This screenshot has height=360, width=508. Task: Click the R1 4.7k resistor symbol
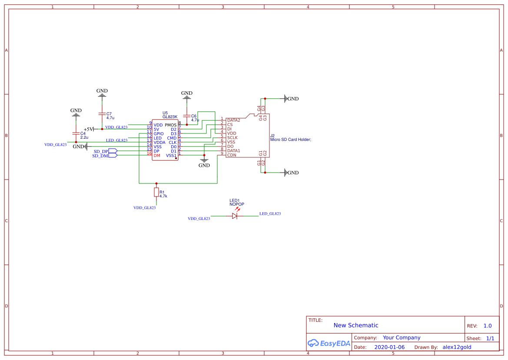156,193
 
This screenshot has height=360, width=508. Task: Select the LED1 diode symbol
235,215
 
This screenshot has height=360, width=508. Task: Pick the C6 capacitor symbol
187,116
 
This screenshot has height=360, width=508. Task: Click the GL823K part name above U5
170,117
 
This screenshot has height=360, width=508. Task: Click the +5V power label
89,129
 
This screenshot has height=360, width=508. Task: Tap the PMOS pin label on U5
171,125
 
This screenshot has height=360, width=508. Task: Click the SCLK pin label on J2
232,137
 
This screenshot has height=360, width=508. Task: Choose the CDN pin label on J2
232,155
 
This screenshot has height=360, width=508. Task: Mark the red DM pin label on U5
156,155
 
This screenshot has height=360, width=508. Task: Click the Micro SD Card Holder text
291,140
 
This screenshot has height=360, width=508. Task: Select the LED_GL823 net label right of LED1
270,213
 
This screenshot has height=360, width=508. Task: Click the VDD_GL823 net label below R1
144,208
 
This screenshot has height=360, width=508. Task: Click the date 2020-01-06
389,347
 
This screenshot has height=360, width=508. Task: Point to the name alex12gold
457,347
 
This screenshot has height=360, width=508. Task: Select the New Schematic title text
356,325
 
